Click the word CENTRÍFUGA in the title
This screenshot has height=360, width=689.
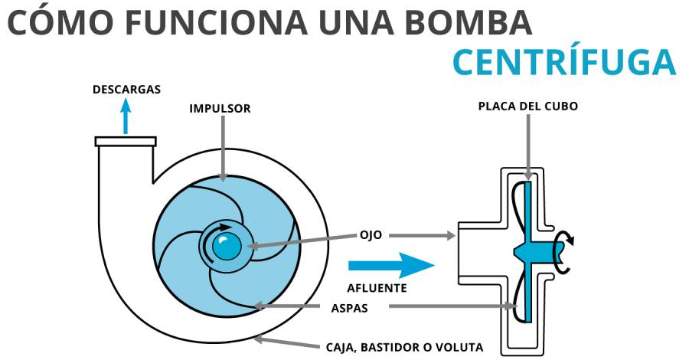(563, 61)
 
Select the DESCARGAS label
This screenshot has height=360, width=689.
(126, 89)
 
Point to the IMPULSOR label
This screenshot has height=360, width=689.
(220, 109)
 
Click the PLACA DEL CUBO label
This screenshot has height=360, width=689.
(527, 106)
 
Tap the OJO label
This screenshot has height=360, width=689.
(372, 235)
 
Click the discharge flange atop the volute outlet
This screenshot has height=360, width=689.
(126, 142)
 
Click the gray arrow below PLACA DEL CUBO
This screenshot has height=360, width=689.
(527, 146)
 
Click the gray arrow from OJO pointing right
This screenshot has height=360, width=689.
(421, 236)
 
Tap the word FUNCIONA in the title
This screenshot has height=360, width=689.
(198, 21)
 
